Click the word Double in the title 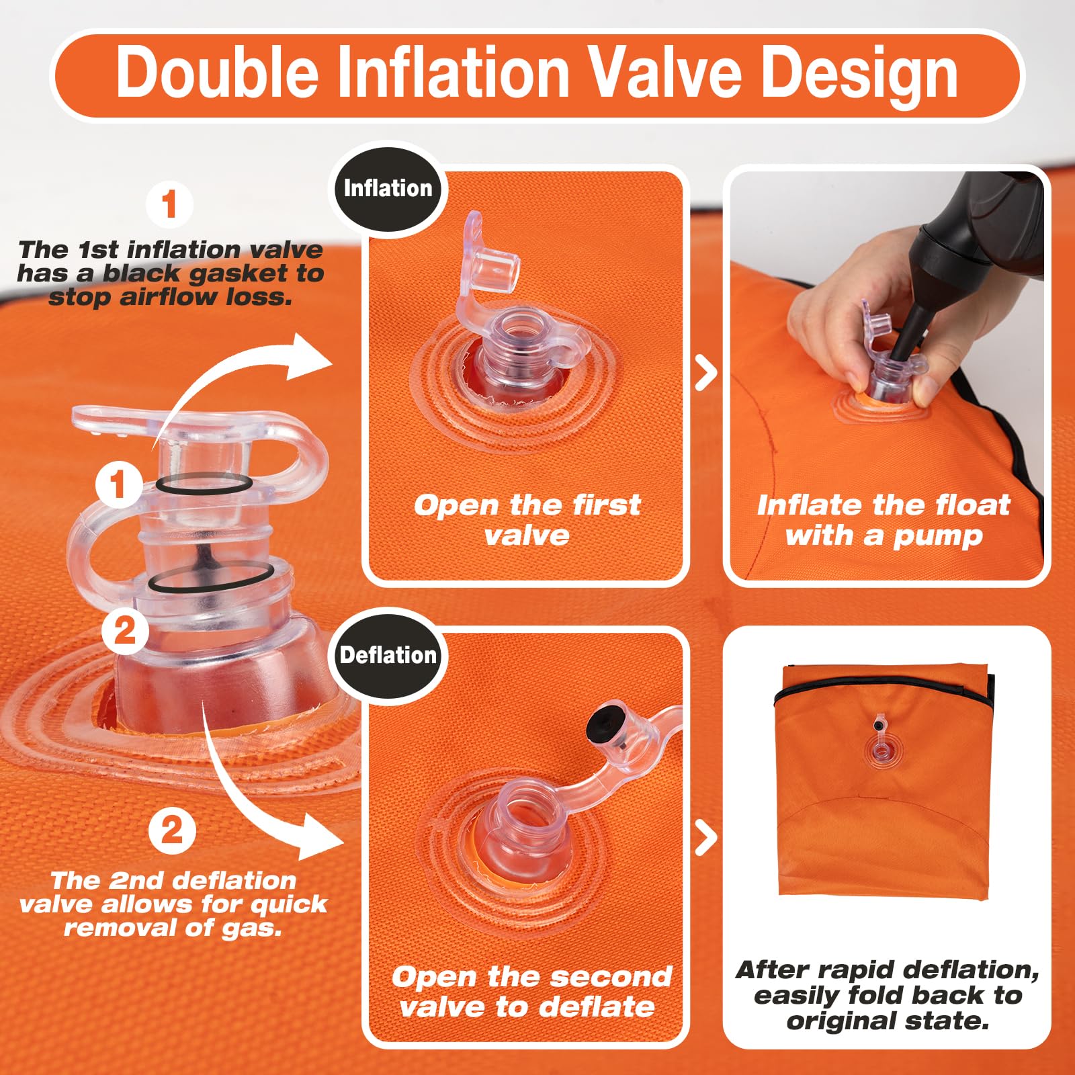(217, 72)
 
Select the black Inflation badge (388, 188)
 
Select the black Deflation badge (388, 655)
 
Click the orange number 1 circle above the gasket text (169, 204)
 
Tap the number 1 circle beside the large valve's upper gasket (118, 484)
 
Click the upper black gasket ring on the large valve (204, 484)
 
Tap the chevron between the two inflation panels (705, 373)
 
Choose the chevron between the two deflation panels (705, 838)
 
